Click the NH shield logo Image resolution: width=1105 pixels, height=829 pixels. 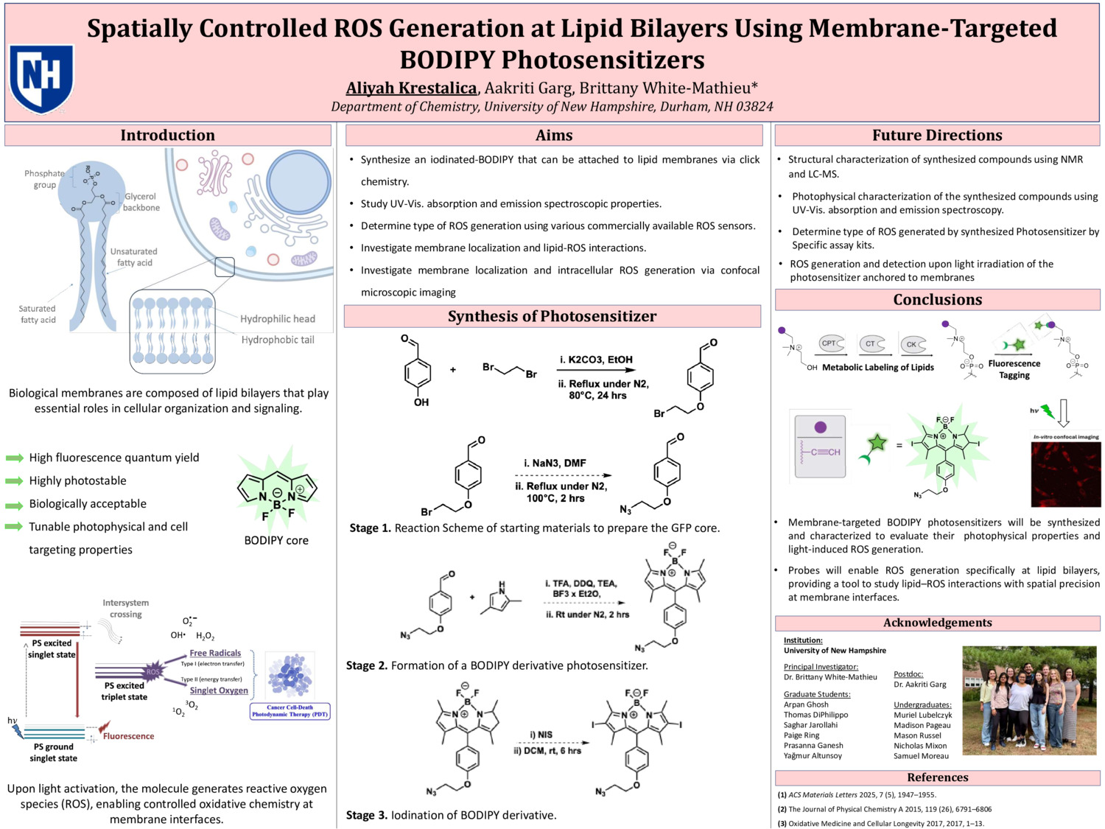click(x=41, y=78)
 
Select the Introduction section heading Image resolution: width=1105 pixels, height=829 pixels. click(x=168, y=135)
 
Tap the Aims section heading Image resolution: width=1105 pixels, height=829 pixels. click(x=554, y=135)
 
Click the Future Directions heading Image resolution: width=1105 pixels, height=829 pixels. click(x=937, y=135)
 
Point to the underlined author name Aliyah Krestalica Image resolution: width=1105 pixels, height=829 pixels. click(x=411, y=88)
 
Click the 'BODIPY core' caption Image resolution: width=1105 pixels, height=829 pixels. click(x=276, y=540)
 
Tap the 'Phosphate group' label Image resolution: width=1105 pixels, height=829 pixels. click(x=44, y=179)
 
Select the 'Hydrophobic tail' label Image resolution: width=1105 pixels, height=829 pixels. click(x=278, y=340)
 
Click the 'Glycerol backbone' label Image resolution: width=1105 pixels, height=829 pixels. click(x=141, y=202)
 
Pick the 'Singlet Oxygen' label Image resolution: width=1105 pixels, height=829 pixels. click(x=219, y=690)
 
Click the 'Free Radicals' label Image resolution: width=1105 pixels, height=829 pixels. click(x=215, y=653)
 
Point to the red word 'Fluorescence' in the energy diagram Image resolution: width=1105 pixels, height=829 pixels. click(x=129, y=736)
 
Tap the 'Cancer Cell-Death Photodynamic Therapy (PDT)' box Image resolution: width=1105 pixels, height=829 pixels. click(x=290, y=711)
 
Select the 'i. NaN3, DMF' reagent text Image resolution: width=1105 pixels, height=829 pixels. click(x=555, y=463)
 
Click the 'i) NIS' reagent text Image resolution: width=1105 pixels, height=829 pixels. click(x=541, y=735)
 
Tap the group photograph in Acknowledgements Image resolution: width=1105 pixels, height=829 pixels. click(x=1030, y=699)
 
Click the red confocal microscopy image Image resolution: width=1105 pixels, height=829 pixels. click(x=1066, y=474)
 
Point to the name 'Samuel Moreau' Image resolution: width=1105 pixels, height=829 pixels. click(x=921, y=756)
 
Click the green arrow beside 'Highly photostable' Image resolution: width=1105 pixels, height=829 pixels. click(x=15, y=481)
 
